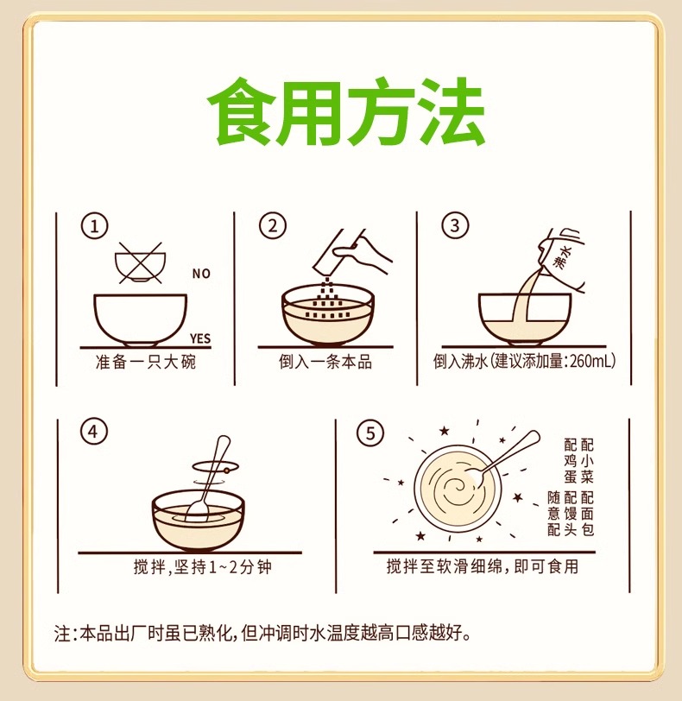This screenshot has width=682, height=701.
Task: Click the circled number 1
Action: click(94, 226)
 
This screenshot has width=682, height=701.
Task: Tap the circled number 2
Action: click(273, 226)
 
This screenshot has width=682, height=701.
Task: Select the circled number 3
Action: click(455, 225)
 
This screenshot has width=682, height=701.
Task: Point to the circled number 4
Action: click(94, 433)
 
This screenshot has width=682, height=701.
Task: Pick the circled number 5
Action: click(370, 433)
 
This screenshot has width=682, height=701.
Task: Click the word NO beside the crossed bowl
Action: click(201, 274)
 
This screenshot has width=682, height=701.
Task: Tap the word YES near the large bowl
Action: click(199, 338)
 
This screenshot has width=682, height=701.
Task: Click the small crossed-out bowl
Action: click(141, 264)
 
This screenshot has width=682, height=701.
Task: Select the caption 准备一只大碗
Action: click(146, 362)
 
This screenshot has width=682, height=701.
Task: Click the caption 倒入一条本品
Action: click(325, 362)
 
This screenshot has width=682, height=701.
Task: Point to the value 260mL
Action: click(590, 361)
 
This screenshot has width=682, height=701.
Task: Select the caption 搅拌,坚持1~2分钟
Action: click(203, 567)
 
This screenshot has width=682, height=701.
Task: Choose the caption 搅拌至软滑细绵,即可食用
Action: click(483, 566)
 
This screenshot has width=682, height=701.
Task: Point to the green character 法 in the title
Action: click(452, 111)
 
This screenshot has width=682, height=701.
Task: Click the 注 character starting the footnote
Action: click(62, 633)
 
